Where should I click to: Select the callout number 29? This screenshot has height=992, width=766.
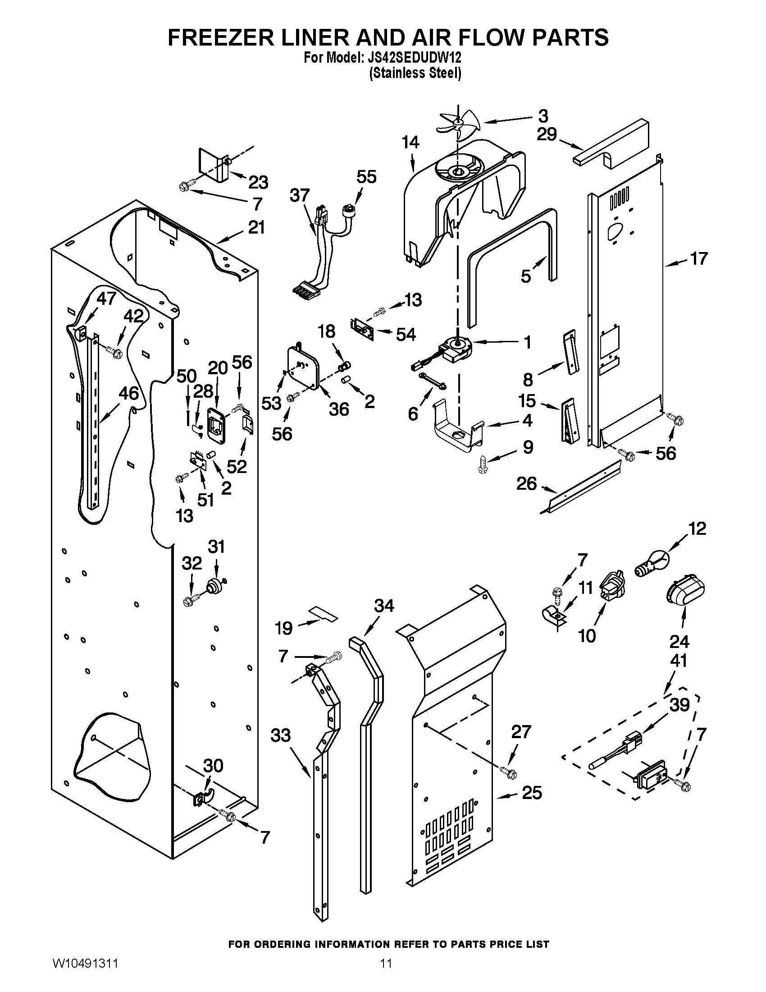point(547,135)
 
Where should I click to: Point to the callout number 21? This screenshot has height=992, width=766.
point(256,227)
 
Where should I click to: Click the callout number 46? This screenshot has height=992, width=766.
point(128,393)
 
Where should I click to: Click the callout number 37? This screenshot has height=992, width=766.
point(300,196)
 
